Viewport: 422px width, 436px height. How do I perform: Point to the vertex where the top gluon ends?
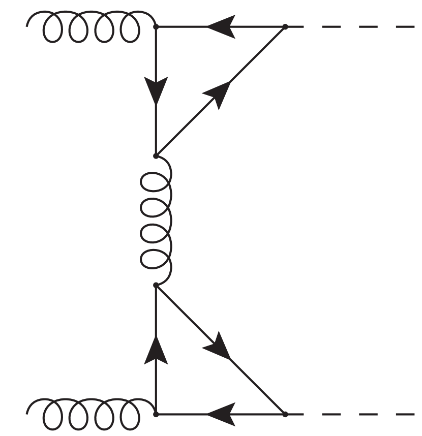[156, 26]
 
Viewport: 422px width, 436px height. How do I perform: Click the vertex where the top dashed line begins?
[285, 26]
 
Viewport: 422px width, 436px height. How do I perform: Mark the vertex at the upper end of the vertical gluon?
[156, 155]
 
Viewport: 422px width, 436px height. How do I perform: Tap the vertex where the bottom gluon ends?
[156, 414]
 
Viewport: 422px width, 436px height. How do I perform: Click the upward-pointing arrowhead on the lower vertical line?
[156, 350]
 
